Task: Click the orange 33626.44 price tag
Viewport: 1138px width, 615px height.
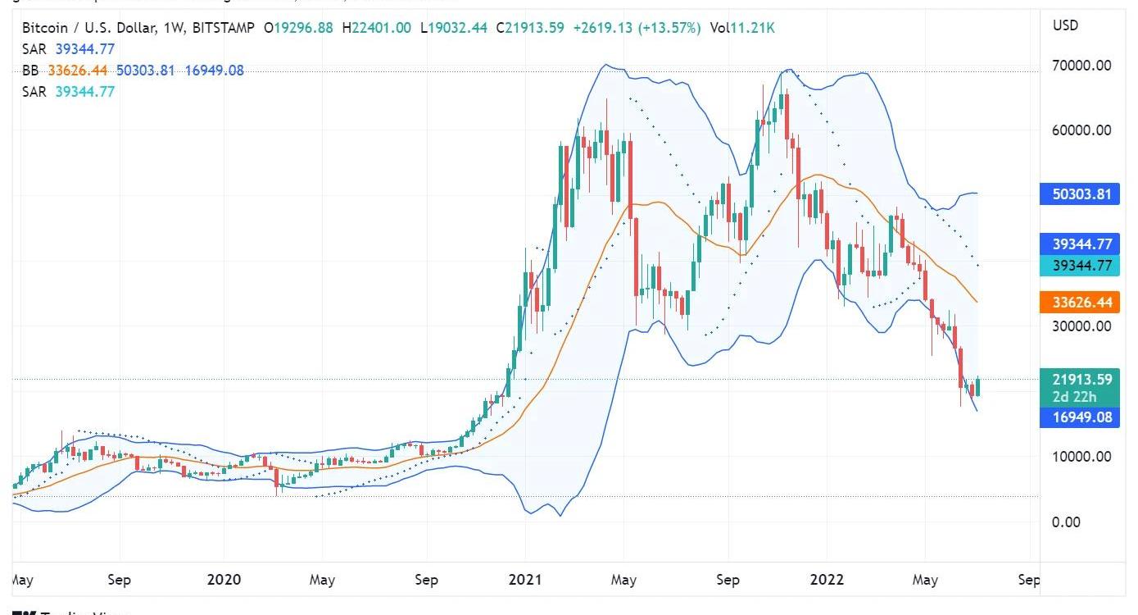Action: [1082, 303]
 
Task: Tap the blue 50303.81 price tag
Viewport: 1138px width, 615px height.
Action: [1082, 194]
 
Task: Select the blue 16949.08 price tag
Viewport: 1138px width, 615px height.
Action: [1082, 418]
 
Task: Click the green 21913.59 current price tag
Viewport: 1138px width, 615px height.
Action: [1082, 379]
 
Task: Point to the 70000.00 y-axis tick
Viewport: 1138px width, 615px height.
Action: [1082, 66]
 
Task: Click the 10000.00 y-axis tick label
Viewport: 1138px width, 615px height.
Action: [1082, 457]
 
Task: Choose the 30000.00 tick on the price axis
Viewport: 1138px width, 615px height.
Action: [1082, 326]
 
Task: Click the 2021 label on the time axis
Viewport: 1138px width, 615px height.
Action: [525, 580]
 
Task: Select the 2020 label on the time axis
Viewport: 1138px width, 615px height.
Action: [224, 580]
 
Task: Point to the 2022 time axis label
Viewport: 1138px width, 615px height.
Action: [827, 580]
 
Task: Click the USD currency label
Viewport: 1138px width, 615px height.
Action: [1065, 25]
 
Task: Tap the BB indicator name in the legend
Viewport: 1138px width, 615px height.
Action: [30, 71]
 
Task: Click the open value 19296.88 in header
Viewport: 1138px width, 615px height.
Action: [303, 28]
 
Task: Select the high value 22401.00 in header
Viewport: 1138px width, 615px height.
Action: [381, 28]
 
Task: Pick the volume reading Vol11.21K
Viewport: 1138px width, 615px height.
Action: [742, 28]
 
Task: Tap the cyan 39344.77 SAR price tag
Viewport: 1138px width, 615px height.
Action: [1082, 265]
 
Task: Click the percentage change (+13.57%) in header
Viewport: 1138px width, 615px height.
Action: [673, 28]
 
